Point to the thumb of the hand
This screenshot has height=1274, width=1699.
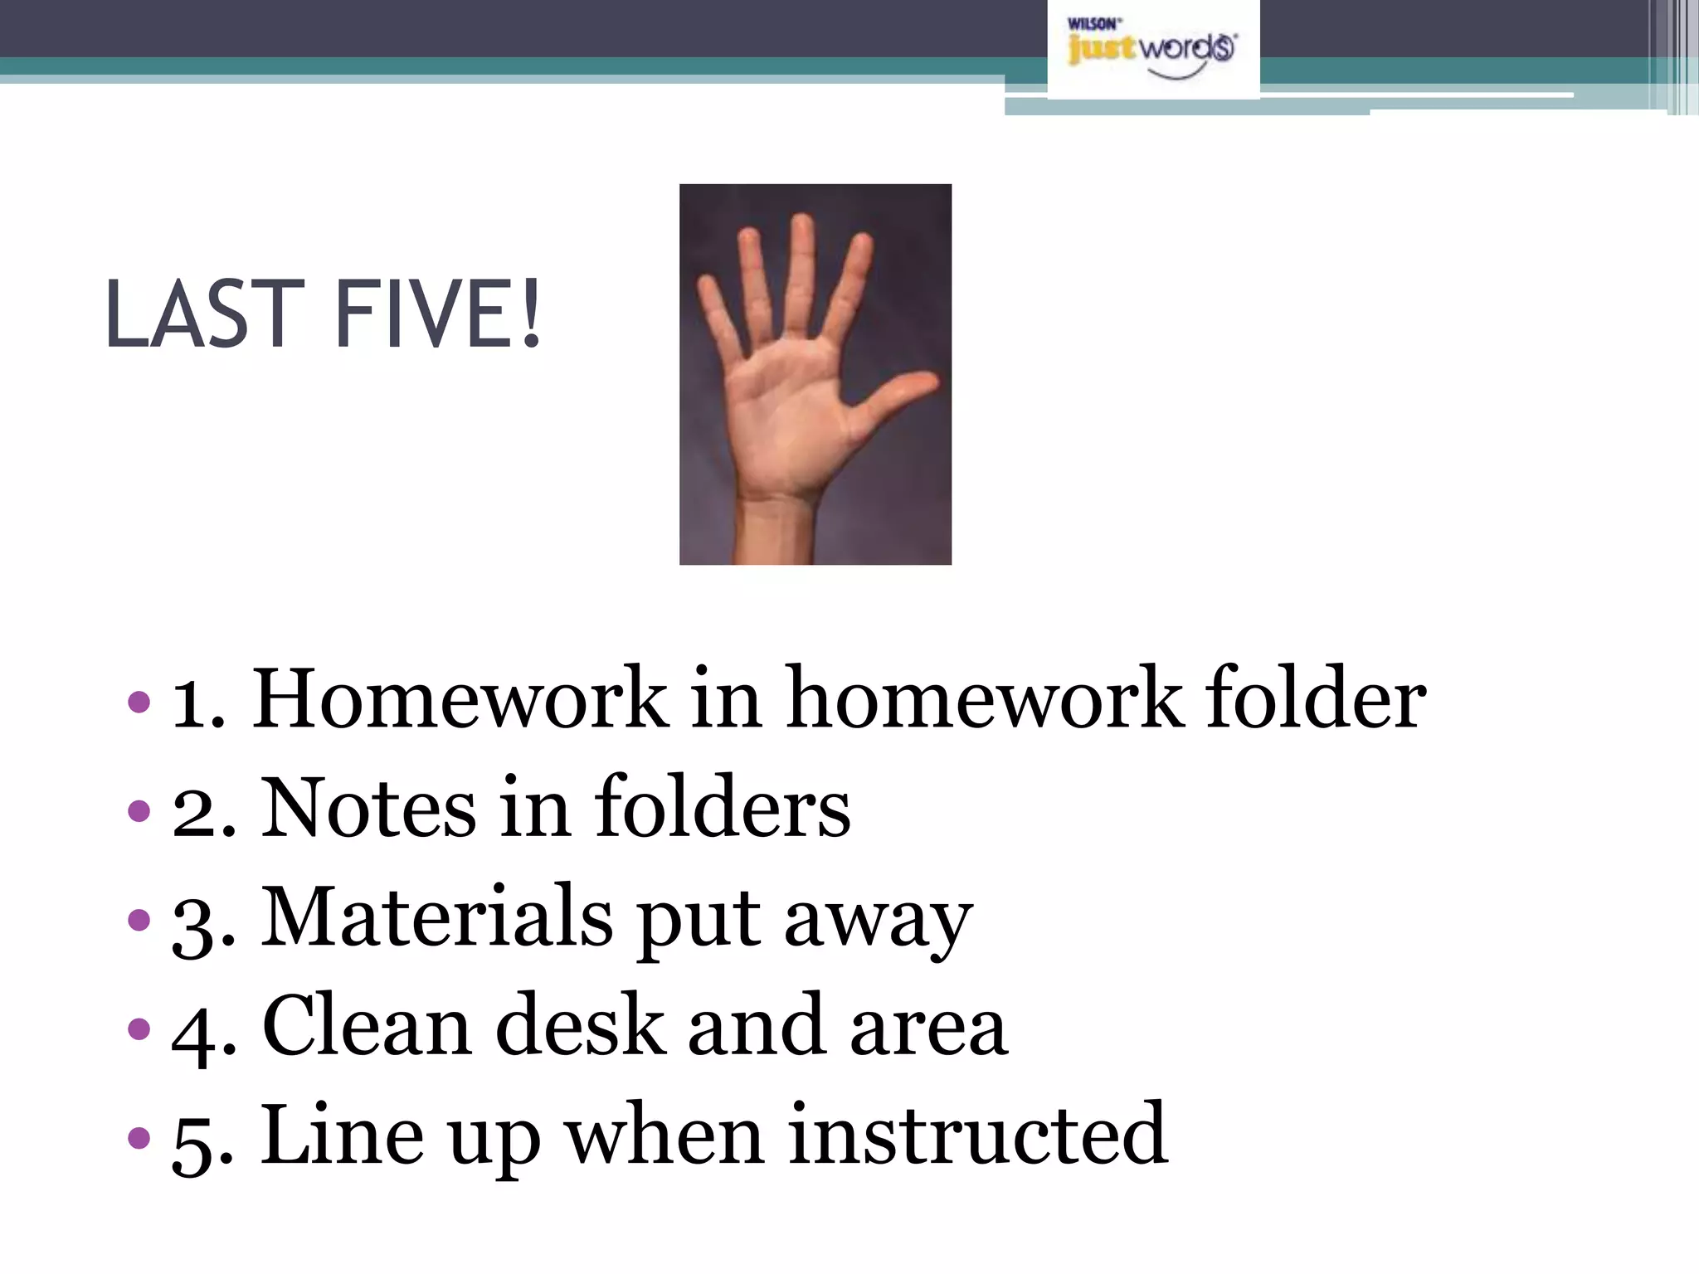point(900,394)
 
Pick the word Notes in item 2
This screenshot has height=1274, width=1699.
point(369,808)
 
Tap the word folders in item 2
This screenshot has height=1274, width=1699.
point(722,808)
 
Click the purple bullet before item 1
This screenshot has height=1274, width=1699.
point(139,702)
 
